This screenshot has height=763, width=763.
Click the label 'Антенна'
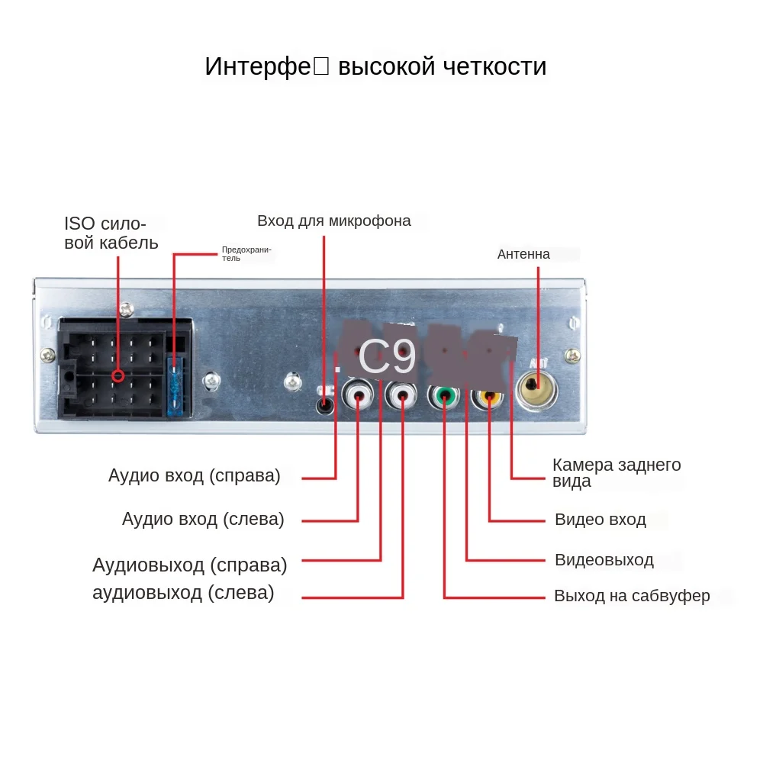(x=523, y=254)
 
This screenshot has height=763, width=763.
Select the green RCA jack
(x=444, y=396)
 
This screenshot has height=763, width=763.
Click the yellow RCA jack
(x=488, y=396)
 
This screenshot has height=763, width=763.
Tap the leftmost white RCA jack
(x=358, y=396)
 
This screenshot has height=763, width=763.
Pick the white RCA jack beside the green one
(x=402, y=396)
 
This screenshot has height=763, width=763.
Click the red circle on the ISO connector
(x=118, y=376)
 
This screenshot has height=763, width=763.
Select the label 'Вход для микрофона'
(x=334, y=221)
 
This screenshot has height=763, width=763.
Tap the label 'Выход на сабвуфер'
(x=632, y=596)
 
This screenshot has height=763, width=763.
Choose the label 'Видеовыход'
(x=604, y=560)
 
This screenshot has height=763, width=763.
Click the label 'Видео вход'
(x=600, y=520)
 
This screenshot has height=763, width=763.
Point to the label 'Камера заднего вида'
(x=616, y=473)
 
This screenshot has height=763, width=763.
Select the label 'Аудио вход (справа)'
(x=195, y=476)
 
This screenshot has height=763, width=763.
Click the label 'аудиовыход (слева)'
(x=183, y=593)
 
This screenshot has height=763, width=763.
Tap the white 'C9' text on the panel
(x=387, y=356)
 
